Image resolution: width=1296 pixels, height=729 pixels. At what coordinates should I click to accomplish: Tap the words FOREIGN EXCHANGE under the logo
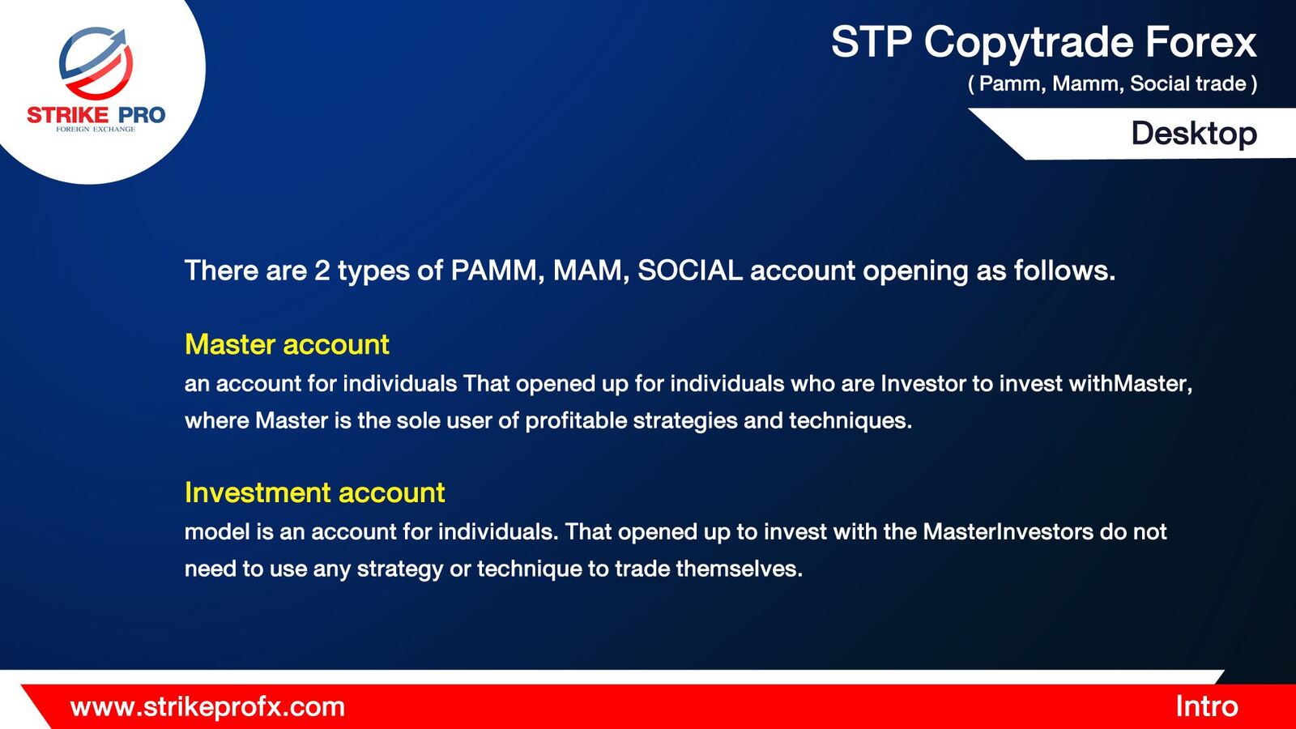pyautogui.click(x=96, y=129)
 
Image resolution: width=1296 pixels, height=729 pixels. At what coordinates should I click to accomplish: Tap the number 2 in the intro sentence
pyautogui.click(x=322, y=271)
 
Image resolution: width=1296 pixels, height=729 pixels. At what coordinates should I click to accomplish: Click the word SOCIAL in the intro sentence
pyautogui.click(x=689, y=271)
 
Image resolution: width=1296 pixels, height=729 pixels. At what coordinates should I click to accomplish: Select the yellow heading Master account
pyautogui.click(x=287, y=344)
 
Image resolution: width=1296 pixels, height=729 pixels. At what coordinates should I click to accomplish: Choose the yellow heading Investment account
pyautogui.click(x=315, y=492)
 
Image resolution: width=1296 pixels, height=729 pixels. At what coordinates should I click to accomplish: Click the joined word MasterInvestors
pyautogui.click(x=1008, y=531)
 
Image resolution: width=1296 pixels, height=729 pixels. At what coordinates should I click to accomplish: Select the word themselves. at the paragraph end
pyautogui.click(x=740, y=569)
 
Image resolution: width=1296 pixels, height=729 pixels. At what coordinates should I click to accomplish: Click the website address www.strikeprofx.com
pyautogui.click(x=207, y=707)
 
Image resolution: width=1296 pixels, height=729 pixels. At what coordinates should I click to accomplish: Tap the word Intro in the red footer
pyautogui.click(x=1207, y=706)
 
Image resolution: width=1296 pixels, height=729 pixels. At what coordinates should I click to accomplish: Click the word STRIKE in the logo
pyautogui.click(x=68, y=115)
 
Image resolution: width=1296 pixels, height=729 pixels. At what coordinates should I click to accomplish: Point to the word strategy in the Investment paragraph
pyautogui.click(x=400, y=569)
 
